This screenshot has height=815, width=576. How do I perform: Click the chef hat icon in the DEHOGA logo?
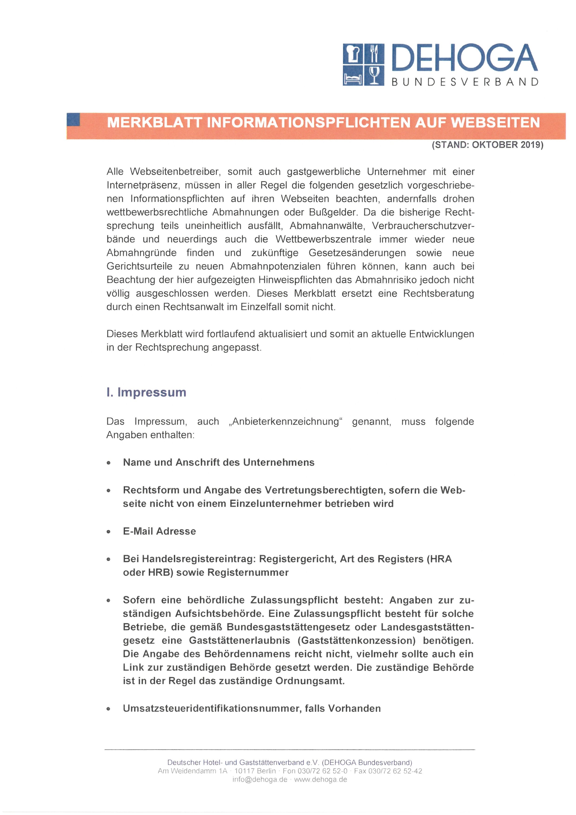click(x=353, y=54)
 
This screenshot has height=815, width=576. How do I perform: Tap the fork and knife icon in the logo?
click(x=374, y=54)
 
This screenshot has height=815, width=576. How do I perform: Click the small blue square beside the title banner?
click(x=73, y=120)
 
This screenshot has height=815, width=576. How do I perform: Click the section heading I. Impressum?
click(x=146, y=392)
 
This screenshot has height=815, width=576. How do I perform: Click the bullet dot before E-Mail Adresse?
click(x=109, y=532)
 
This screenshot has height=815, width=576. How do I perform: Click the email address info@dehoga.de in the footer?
click(x=260, y=779)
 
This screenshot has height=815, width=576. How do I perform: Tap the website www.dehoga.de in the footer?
click(x=320, y=779)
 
